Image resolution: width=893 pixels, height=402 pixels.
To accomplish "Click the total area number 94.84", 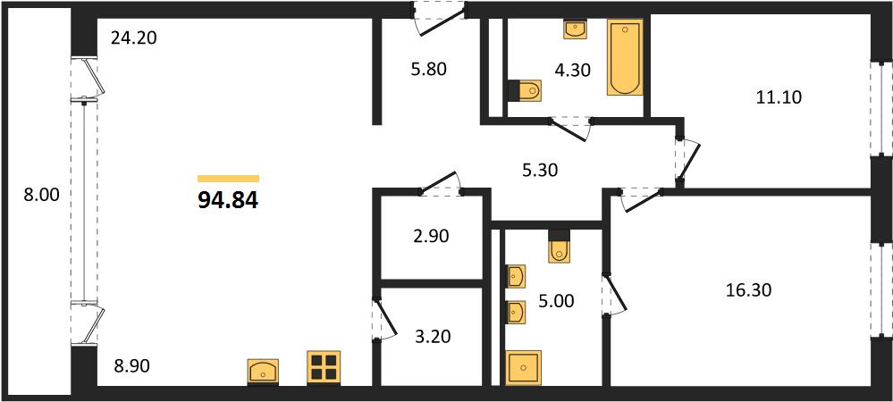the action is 228,199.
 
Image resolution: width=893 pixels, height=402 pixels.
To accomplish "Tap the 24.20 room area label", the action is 133,38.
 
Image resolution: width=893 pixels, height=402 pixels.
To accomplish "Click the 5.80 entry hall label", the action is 427,70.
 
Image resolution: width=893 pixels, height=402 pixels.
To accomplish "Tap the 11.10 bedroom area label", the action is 779,97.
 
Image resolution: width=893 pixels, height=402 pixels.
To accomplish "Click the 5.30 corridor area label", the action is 537,170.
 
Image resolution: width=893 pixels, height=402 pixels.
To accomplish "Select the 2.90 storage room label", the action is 430,236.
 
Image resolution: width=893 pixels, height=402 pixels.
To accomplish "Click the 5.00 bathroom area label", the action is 555,300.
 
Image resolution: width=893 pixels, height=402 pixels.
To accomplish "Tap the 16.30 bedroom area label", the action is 748,290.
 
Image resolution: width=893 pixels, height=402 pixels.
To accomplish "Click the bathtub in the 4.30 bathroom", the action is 625,57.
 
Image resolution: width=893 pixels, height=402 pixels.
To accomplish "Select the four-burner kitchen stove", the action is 324,366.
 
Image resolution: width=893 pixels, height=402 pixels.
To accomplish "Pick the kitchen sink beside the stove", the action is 263,372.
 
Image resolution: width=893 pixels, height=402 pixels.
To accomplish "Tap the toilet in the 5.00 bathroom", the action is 560,246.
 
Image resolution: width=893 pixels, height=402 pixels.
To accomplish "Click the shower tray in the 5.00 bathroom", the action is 524,368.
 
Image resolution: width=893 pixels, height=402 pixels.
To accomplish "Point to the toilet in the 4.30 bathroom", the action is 525,91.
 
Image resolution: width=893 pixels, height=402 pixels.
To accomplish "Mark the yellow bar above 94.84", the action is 228,179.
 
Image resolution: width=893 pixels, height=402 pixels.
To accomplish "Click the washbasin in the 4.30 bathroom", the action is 574,29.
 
